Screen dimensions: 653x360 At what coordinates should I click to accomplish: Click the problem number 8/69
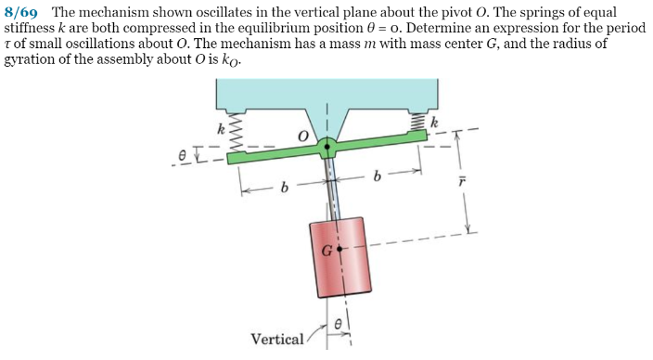pyautogui.click(x=23, y=13)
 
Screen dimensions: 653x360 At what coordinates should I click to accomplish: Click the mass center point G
pyautogui.click(x=340, y=250)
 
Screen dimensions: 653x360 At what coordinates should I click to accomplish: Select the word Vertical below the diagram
pyautogui.click(x=276, y=339)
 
